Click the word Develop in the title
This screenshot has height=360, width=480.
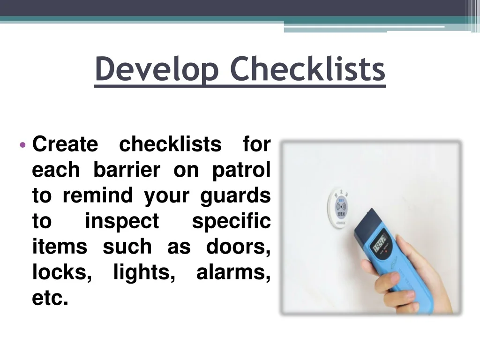coord(157,69)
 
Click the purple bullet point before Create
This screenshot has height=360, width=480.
coord(22,144)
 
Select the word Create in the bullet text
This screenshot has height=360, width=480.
coord(65,144)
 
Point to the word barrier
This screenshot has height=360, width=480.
coord(127,170)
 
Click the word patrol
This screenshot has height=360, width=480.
coord(241,170)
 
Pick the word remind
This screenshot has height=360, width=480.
coord(97,195)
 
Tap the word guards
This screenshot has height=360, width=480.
coord(236,195)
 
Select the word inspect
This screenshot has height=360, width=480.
coord(122,221)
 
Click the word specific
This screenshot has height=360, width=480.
coord(232,221)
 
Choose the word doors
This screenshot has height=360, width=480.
coord(238,247)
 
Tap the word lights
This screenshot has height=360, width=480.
coord(144,272)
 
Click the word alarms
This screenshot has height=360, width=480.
coord(233,272)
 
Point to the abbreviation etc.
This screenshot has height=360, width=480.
coord(50,298)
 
